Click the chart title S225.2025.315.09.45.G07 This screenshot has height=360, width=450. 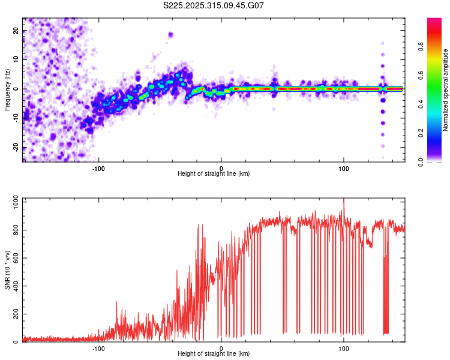coord(214,5)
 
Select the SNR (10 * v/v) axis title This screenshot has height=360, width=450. coord(7,269)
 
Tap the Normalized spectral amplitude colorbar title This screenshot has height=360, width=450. coord(446,90)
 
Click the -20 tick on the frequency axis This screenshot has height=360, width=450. coord(16,148)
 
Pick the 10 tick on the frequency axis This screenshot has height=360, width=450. coord(16,59)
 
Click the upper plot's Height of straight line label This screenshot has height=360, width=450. coord(214,174)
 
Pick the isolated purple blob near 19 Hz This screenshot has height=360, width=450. coord(171,35)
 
